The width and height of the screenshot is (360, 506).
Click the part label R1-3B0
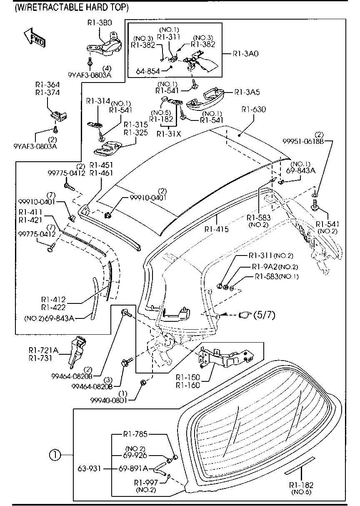(x=99, y=23)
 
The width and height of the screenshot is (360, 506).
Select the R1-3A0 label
(x=245, y=54)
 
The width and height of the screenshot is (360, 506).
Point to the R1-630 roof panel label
(x=254, y=110)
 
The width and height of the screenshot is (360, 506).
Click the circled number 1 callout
(x=55, y=456)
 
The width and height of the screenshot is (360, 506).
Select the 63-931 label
(x=88, y=468)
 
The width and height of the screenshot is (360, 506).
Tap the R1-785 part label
(x=135, y=434)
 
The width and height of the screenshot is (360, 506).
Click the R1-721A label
(x=43, y=350)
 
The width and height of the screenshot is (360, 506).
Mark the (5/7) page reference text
(x=264, y=316)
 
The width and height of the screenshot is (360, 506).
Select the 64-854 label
(x=147, y=71)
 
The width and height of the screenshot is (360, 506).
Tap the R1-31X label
(x=168, y=134)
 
